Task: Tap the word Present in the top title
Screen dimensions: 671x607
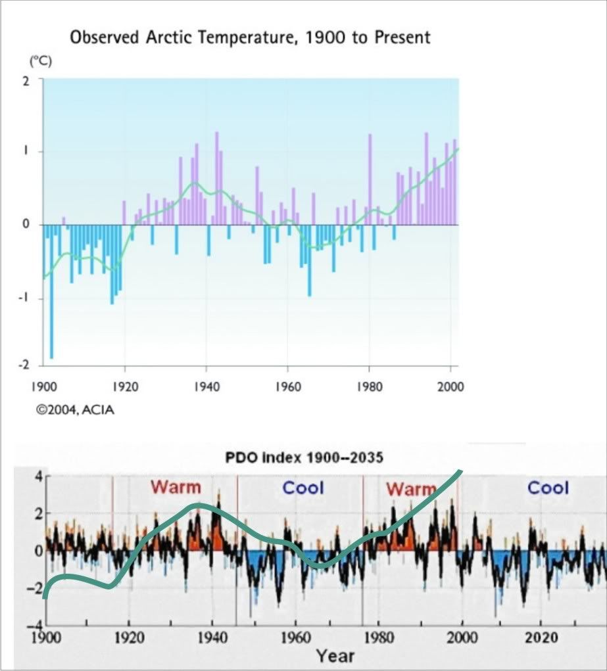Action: click(x=402, y=37)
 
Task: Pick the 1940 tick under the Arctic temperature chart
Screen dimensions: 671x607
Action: click(x=206, y=386)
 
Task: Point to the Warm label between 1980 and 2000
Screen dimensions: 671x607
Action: click(x=411, y=489)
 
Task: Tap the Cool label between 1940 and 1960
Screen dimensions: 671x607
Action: click(x=303, y=488)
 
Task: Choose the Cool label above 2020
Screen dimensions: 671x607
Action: click(x=548, y=488)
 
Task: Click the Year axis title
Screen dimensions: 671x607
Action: click(x=335, y=655)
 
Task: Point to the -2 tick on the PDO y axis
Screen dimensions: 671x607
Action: click(x=34, y=588)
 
